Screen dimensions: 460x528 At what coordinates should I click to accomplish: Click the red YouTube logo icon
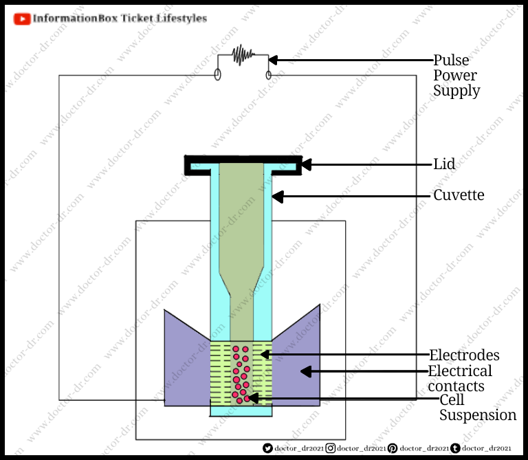coord(22,19)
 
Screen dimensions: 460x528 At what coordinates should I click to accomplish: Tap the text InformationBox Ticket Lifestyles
coord(120,19)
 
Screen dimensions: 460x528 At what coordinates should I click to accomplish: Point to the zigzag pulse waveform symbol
coord(242,55)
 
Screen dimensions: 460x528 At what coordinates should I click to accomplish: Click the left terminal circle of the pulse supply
coord(218,74)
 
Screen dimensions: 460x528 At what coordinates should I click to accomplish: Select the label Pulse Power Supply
coord(456,75)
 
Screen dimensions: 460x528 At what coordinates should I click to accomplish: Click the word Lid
coord(444,164)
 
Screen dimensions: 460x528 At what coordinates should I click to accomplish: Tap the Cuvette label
coord(459,195)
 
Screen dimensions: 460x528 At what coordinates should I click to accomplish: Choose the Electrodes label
coord(464,355)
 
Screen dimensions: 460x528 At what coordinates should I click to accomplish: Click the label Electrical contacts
coord(460,379)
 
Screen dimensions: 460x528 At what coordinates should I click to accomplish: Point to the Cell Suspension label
coord(477,408)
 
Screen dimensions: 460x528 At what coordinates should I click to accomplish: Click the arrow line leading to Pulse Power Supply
coord(351,59)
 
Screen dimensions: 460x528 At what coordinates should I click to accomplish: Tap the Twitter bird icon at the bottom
coord(268,448)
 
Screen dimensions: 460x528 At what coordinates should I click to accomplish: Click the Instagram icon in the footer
coord(331,448)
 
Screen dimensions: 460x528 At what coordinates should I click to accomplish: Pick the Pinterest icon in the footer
coord(392,448)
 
